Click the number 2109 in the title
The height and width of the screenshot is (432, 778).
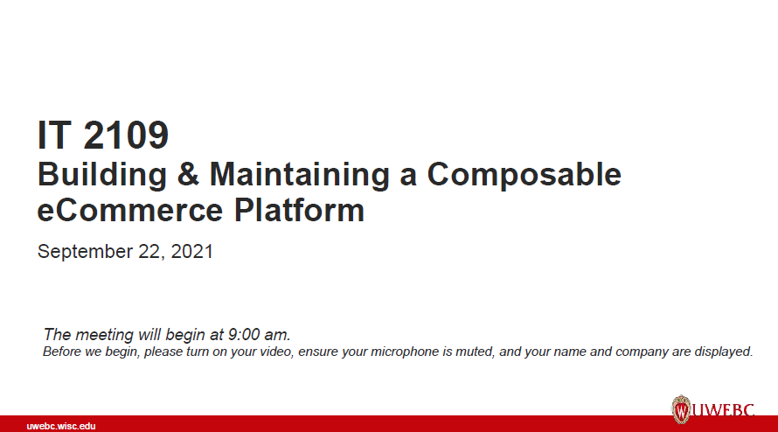(x=127, y=135)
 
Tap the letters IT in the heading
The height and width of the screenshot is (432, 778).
(x=54, y=135)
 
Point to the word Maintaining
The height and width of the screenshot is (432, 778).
(x=299, y=175)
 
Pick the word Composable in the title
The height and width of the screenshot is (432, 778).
(x=524, y=175)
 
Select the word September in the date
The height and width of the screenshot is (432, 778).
(x=81, y=252)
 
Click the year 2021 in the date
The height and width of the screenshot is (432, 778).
(x=191, y=252)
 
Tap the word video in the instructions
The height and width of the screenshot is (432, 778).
(x=277, y=352)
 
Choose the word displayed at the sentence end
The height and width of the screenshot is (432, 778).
(x=725, y=352)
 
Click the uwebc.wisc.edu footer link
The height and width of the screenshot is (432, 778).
(x=61, y=426)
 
